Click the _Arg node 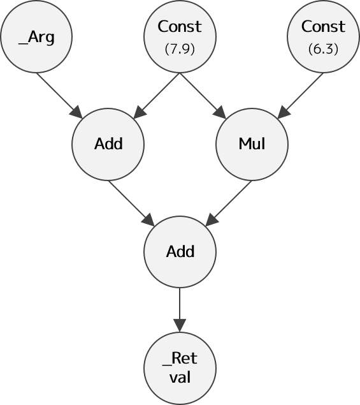tap(36, 37)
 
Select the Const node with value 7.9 tap(180, 37)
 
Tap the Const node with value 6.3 tap(323, 37)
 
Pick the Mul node tap(252, 144)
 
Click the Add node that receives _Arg tap(108, 144)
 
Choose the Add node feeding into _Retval tap(180, 251)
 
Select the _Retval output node tap(180, 368)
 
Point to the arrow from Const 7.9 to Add tap(156, 96)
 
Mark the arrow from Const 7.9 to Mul tap(203, 96)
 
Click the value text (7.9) tap(180, 49)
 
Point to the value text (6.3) tap(323, 49)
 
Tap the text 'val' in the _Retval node tap(180, 378)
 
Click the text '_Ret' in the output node tap(180, 359)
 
